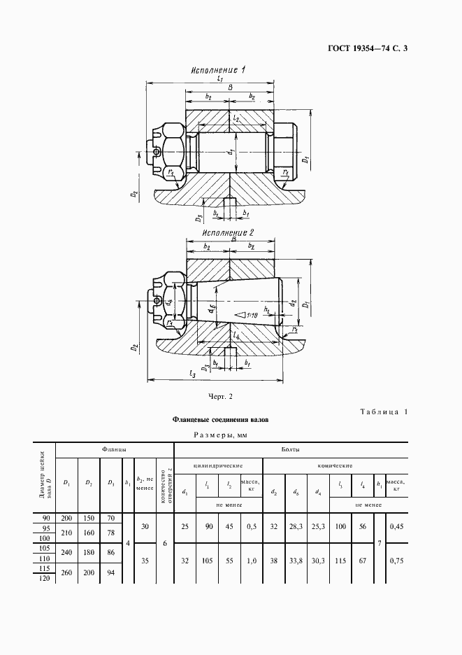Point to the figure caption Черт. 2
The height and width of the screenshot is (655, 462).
220,397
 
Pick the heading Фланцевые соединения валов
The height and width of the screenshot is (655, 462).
221,420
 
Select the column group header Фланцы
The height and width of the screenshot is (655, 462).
114,450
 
